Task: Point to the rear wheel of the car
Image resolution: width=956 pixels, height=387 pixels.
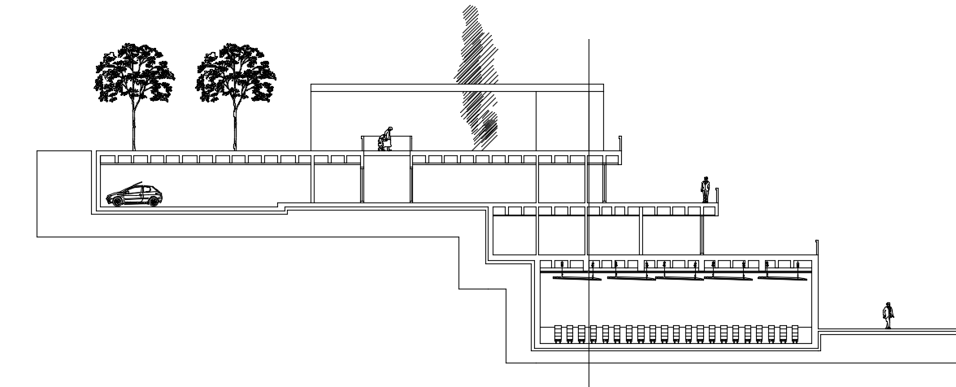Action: pyautogui.click(x=153, y=201)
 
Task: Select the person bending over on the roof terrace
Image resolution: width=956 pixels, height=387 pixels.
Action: pyautogui.click(x=386, y=140)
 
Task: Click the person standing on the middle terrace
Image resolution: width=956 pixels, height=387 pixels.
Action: pyautogui.click(x=705, y=189)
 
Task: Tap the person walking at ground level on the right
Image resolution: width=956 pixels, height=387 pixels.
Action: pyautogui.click(x=889, y=315)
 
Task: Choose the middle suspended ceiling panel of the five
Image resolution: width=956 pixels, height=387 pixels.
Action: pyautogui.click(x=680, y=278)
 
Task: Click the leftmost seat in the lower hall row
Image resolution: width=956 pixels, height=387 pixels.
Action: pyautogui.click(x=558, y=334)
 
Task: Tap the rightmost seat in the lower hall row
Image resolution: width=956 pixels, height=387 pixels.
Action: pyautogui.click(x=794, y=334)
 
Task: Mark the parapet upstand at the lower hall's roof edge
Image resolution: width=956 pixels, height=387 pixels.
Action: pyautogui.click(x=815, y=249)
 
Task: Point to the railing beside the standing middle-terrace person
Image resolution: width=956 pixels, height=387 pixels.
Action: pyautogui.click(x=718, y=195)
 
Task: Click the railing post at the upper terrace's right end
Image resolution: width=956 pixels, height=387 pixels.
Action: pyautogui.click(x=619, y=144)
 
